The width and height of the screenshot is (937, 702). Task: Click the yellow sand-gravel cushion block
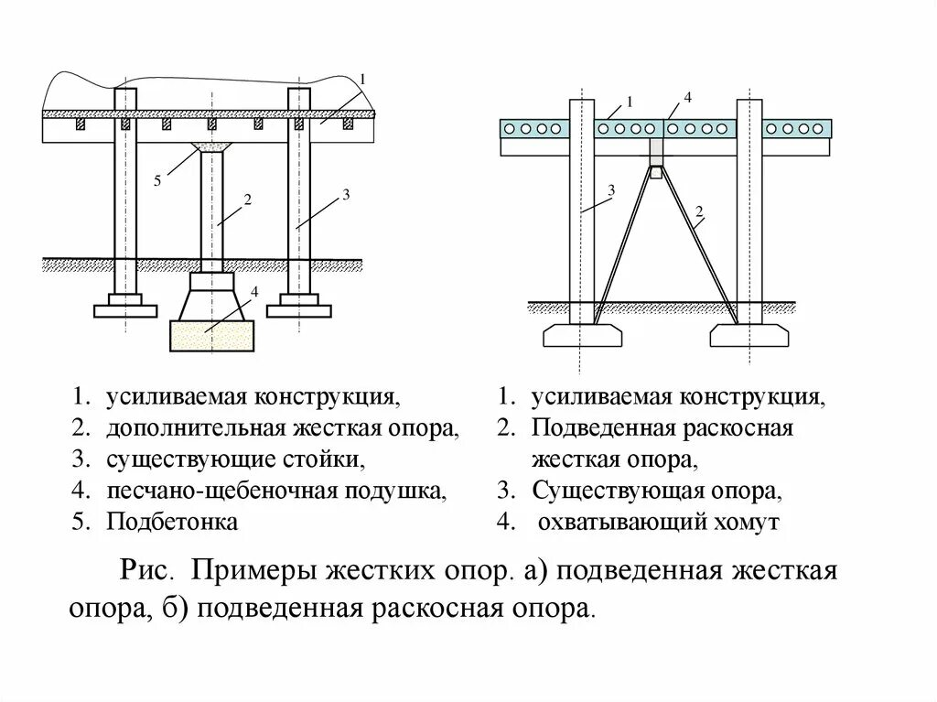point(211,335)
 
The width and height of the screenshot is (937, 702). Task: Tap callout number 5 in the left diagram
point(157,182)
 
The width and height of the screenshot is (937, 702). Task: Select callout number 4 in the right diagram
point(687,97)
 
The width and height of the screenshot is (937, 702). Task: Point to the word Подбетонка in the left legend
point(172,522)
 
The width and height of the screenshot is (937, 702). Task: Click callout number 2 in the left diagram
point(247,199)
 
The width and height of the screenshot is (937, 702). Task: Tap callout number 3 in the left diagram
point(346,194)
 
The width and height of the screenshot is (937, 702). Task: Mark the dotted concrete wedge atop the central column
point(212,146)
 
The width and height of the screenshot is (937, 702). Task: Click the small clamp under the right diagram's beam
point(655,171)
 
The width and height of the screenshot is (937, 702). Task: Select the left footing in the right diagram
point(582,336)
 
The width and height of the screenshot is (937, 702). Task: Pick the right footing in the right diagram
point(749,336)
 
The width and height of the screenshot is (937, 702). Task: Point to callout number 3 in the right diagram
point(611,189)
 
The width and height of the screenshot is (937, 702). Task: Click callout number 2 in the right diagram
point(699,213)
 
